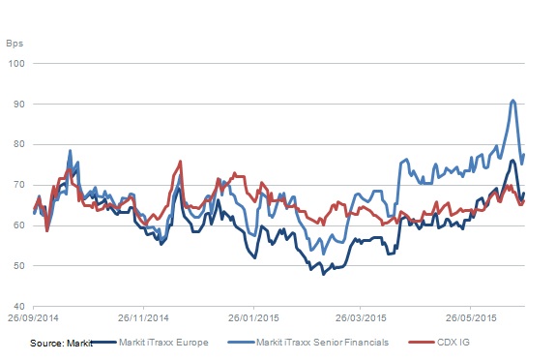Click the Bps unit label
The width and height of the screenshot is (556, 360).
click(15, 44)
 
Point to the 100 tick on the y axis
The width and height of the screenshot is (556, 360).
click(16, 64)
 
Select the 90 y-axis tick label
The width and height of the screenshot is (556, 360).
click(18, 104)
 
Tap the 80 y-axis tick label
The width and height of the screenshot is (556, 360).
click(18, 144)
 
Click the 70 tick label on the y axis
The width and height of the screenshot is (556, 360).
click(18, 185)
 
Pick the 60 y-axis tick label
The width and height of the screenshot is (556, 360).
click(18, 225)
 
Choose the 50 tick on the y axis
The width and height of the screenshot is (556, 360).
click(18, 265)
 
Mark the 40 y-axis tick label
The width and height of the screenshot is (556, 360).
click(18, 306)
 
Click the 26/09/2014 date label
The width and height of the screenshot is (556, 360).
click(33, 317)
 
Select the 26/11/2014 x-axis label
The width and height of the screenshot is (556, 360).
click(143, 317)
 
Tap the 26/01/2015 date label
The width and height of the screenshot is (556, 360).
click(253, 317)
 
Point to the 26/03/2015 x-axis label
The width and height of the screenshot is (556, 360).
click(361, 317)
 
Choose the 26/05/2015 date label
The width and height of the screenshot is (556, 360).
click(471, 317)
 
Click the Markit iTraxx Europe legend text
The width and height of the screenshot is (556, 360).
click(163, 343)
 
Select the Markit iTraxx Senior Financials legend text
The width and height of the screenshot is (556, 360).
click(322, 343)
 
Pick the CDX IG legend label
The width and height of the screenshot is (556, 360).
click(454, 343)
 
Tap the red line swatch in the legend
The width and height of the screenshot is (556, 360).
click(422, 343)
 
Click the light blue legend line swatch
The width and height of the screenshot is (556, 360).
click(241, 343)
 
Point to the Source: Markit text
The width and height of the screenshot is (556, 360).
click(61, 344)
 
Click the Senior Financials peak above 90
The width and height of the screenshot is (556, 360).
click(512, 101)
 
